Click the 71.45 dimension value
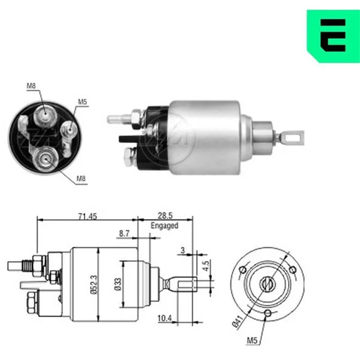(x=88, y=216)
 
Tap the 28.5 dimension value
(x=165, y=215)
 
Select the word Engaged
(x=164, y=226)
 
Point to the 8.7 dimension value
(x=124, y=233)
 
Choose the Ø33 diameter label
(x=118, y=284)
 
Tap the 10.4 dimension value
(x=164, y=318)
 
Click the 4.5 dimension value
(x=206, y=265)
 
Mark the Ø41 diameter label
(x=238, y=321)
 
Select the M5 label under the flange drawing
(x=252, y=340)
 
